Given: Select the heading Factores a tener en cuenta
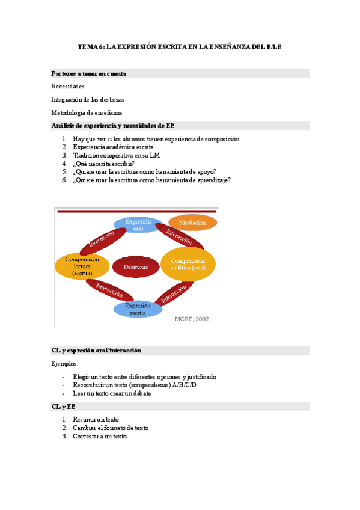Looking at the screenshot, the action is click(88, 73).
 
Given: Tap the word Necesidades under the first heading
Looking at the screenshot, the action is click(68, 87).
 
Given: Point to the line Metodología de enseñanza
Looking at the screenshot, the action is click(87, 112).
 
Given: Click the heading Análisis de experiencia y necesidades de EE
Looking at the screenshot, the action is click(113, 126).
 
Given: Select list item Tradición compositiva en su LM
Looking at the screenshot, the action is click(117, 155).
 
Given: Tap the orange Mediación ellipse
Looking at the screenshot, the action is click(192, 223).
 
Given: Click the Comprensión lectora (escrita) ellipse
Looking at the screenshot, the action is click(82, 266).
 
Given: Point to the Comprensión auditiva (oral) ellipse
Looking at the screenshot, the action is click(188, 264).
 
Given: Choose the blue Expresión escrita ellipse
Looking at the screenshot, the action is click(138, 309).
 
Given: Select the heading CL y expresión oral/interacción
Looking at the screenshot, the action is click(97, 351).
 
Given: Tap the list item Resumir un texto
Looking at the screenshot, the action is click(96, 419).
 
